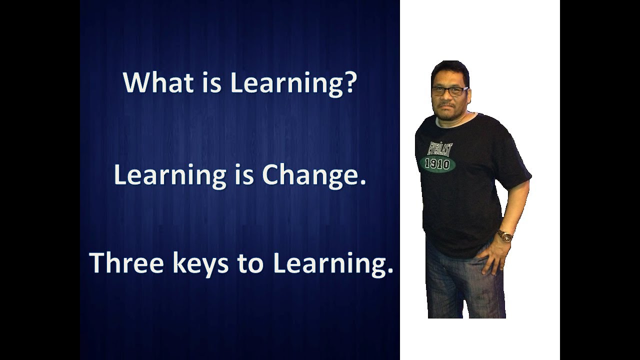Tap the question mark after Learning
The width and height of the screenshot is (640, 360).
(349, 82)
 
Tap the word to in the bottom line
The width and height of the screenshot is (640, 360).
(250, 263)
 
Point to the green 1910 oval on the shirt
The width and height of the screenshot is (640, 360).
(437, 163)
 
